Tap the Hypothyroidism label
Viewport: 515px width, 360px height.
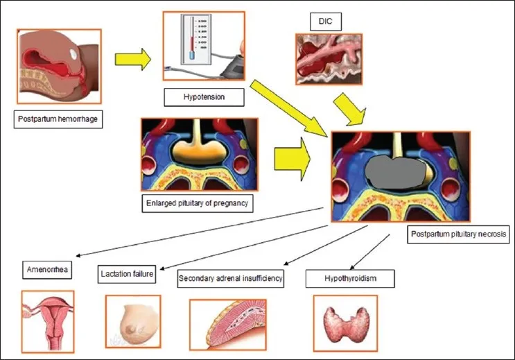coord(350,279)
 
